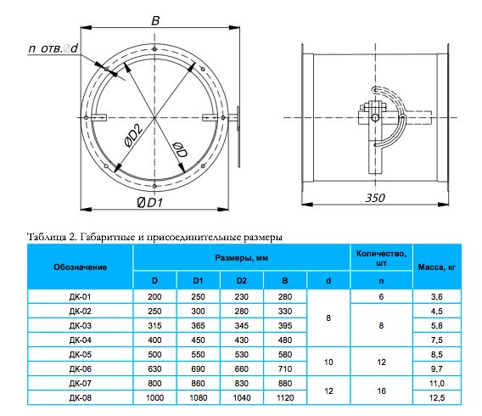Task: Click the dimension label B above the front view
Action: point(155,21)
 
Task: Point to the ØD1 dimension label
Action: point(149,203)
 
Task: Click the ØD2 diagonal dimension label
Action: point(133,135)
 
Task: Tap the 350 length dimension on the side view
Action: point(375,198)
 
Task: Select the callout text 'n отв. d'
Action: point(53,48)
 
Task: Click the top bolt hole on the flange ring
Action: point(154,49)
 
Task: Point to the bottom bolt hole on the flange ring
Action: point(154,186)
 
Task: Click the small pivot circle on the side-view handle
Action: point(375,117)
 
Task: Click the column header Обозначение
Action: point(81,267)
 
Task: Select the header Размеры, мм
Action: point(242,257)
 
